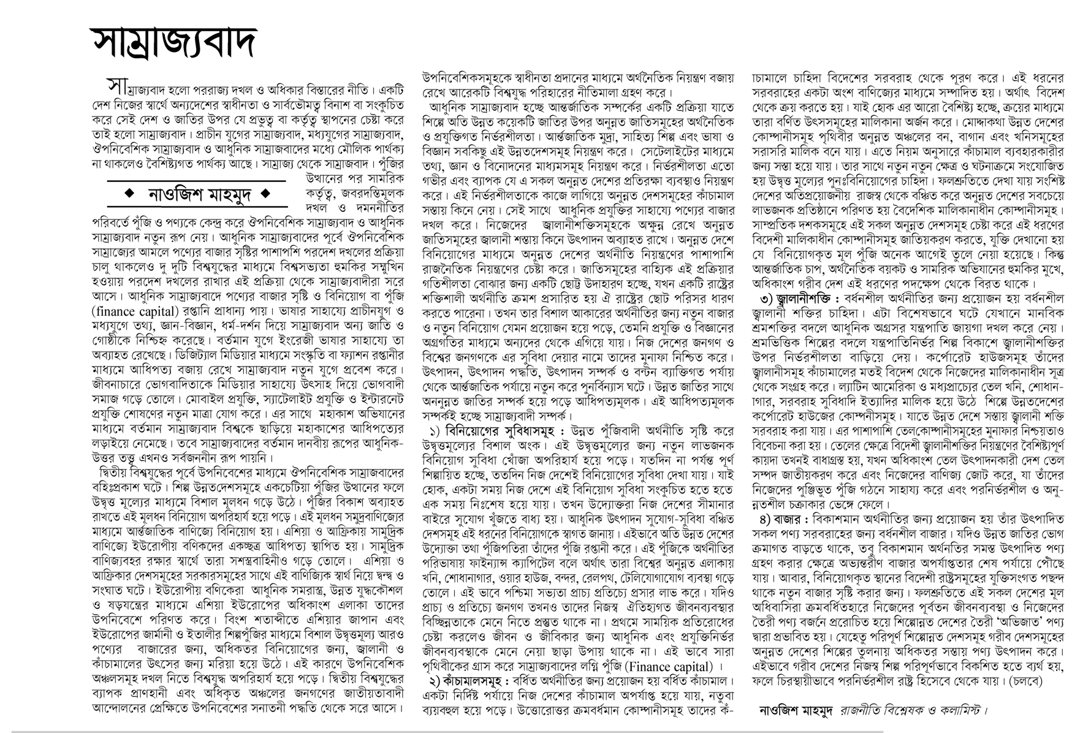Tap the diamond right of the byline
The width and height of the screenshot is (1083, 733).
pyautogui.click(x=265, y=195)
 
